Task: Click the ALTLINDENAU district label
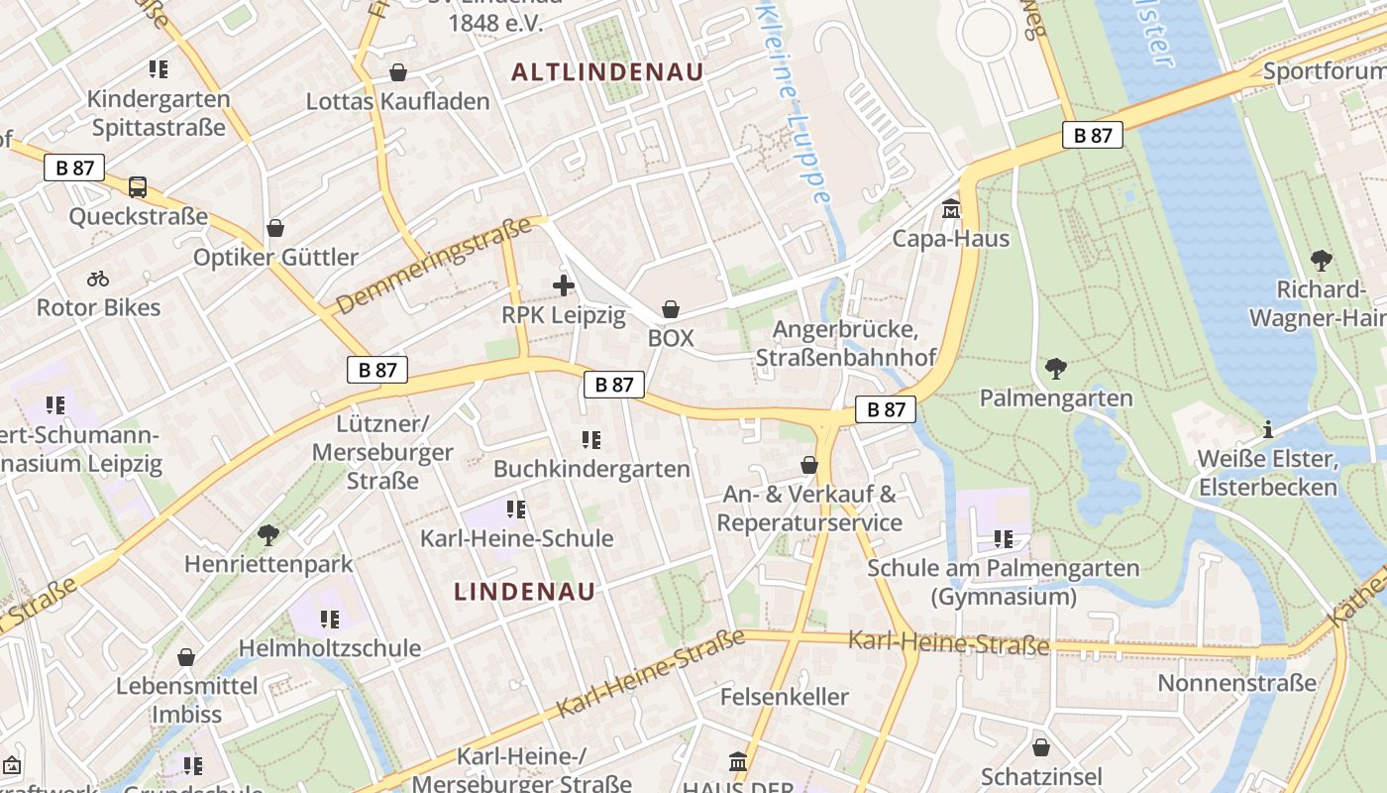coord(607,71)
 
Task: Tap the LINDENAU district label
coord(525,592)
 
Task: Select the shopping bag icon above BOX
coord(671,309)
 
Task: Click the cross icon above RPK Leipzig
coord(563,286)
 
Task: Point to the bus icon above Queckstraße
coord(138,186)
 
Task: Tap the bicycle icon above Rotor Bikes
coord(98,279)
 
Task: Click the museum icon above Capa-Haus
coord(951,208)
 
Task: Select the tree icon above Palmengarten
coord(1056,369)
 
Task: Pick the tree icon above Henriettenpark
coord(267,535)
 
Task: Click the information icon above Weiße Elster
coord(1268,430)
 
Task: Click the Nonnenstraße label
coord(1237,683)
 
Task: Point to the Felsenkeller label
coord(785,696)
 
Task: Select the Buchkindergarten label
coord(591,468)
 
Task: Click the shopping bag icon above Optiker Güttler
coord(275,228)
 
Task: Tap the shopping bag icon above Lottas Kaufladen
coord(398,72)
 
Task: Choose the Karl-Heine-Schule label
coord(517,538)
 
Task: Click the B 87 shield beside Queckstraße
coord(74,168)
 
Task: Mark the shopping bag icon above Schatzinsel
coord(1040,747)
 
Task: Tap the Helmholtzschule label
coord(330,648)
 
